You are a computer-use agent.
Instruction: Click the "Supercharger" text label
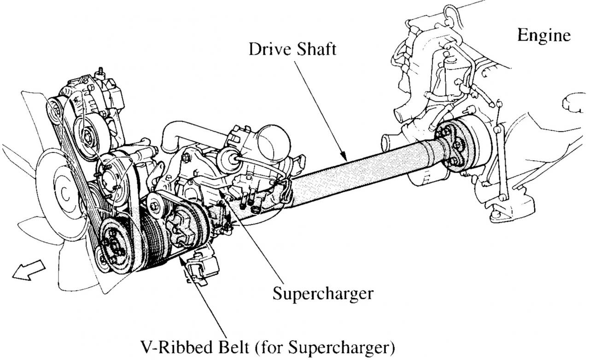click(322, 293)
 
